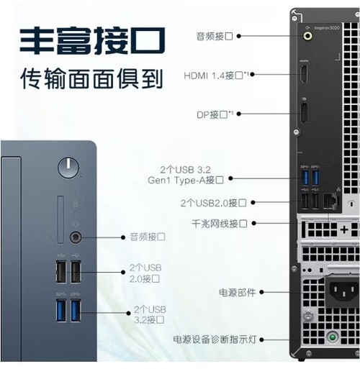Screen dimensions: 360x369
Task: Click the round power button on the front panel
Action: click(x=68, y=168)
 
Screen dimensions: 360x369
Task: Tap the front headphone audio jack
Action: click(x=76, y=237)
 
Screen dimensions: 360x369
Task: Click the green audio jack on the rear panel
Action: click(x=307, y=36)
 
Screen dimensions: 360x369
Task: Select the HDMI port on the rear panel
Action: click(x=304, y=74)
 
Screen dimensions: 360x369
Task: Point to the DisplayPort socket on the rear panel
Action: click(x=304, y=113)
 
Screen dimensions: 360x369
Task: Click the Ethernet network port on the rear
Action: click(x=331, y=201)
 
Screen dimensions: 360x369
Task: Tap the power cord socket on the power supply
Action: click(x=344, y=291)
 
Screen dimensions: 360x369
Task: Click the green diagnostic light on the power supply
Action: click(x=333, y=337)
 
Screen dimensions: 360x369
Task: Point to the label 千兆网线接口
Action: click(x=220, y=224)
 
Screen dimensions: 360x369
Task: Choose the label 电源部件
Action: click(x=237, y=292)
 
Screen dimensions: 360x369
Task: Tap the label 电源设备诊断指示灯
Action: click(x=215, y=340)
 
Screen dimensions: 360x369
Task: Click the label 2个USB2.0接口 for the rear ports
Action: click(x=213, y=203)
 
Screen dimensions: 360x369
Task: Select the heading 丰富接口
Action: click(x=92, y=40)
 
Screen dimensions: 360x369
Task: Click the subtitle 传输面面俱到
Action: click(x=91, y=78)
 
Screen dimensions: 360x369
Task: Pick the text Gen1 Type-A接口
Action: click(x=186, y=180)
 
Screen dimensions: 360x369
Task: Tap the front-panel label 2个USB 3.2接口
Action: click(x=150, y=314)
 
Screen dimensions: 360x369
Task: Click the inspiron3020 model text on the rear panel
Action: click(x=327, y=28)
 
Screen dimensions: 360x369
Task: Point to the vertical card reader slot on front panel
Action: click(x=60, y=219)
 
